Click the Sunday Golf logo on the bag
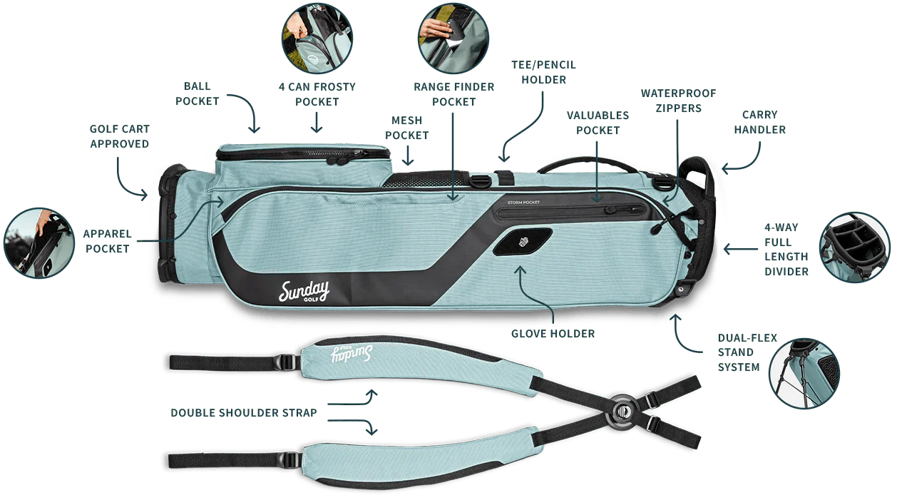(x=304, y=291)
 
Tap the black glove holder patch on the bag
(x=523, y=242)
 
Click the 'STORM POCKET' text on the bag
(x=523, y=203)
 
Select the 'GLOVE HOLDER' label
(x=553, y=334)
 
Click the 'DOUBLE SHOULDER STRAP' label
(x=243, y=413)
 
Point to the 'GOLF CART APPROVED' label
(x=119, y=136)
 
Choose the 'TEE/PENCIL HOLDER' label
(x=543, y=72)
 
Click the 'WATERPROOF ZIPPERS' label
(x=678, y=101)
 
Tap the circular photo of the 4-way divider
(x=854, y=248)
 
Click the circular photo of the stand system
(x=804, y=374)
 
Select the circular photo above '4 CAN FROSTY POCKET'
(x=317, y=38)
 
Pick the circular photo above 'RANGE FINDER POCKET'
(x=453, y=38)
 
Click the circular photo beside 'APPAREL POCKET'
(x=39, y=243)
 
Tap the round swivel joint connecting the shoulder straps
(x=622, y=411)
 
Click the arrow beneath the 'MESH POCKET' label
(x=408, y=155)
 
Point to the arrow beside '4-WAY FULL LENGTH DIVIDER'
(x=741, y=249)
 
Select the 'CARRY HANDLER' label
(x=759, y=122)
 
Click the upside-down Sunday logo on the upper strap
(x=352, y=354)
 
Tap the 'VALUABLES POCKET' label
(x=598, y=123)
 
